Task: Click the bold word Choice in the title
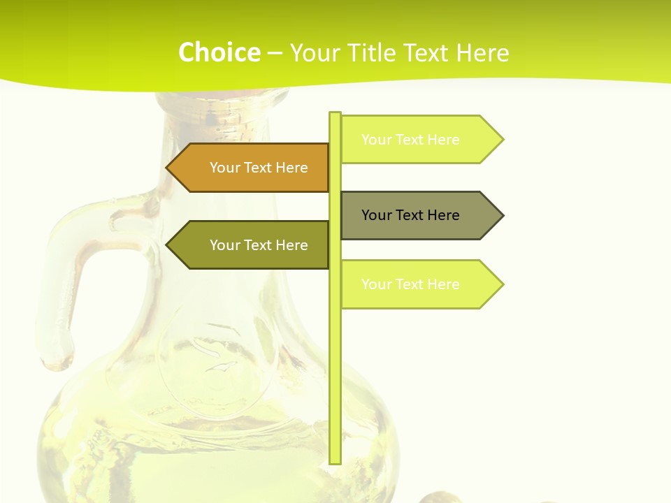point(219,52)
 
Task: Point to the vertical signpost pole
point(335,349)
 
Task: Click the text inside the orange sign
point(259,168)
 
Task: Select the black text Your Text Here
point(410,215)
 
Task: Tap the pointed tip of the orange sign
point(168,168)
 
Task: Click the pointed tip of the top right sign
point(502,140)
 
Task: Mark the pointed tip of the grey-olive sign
point(502,215)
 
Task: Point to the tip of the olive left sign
point(168,245)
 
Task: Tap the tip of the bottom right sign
point(502,284)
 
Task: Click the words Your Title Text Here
point(399,52)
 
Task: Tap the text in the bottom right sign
point(410,284)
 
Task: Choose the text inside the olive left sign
point(259,245)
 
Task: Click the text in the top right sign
point(410,140)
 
